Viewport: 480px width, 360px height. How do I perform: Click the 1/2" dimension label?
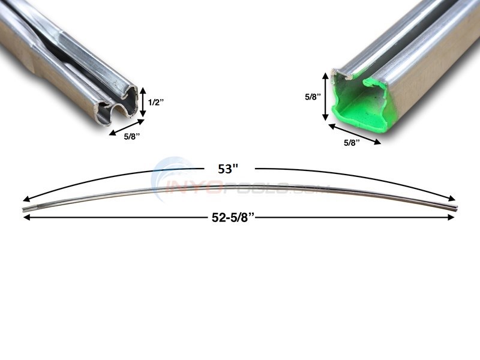pyautogui.click(x=155, y=103)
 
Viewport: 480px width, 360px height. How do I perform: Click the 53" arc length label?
pyautogui.click(x=225, y=170)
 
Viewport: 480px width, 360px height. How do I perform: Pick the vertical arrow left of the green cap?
pyautogui.click(x=326, y=97)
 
